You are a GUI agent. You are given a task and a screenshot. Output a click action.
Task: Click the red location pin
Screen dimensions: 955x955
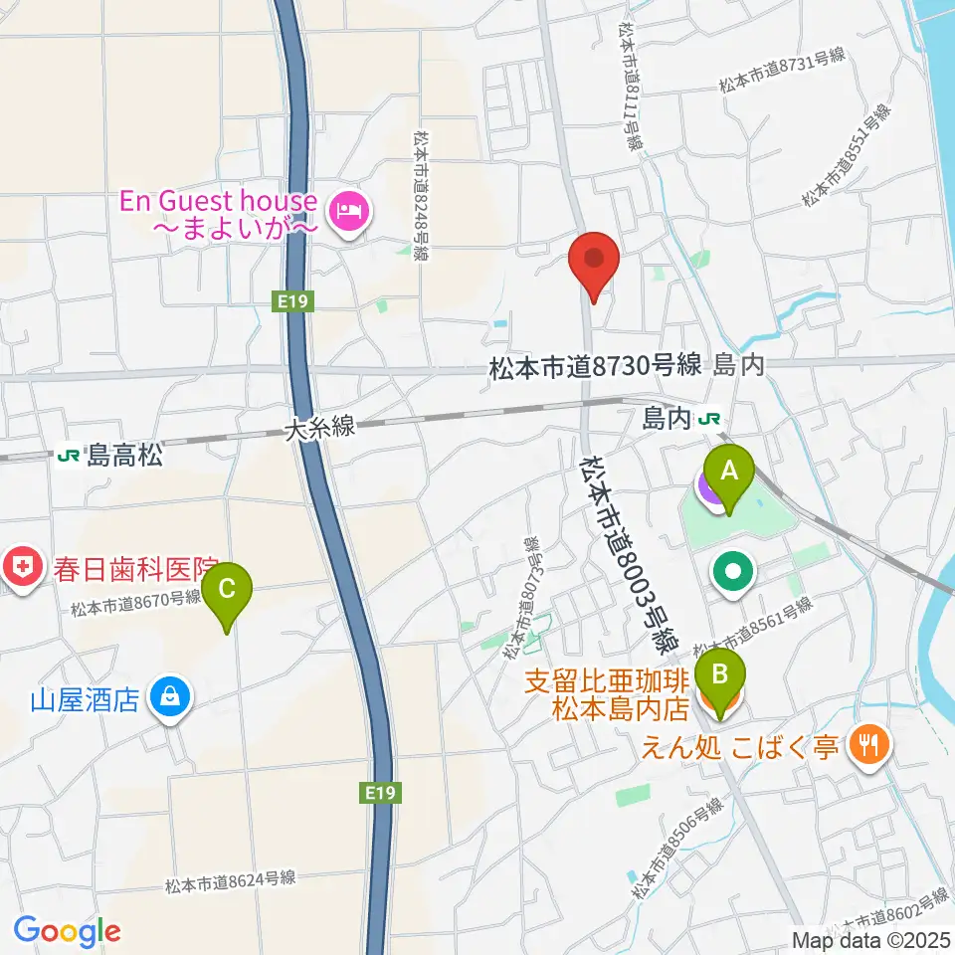coord(595,263)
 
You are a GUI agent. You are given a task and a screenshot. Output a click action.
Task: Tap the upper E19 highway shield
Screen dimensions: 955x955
coord(288,299)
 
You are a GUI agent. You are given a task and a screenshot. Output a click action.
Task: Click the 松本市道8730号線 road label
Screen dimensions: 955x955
coord(595,367)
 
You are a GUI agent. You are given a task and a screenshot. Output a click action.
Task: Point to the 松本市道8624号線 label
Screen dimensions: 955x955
coord(231,881)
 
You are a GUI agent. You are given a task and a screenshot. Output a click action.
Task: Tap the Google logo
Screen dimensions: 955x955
coord(66,932)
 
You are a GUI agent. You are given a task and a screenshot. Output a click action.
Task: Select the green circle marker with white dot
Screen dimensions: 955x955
coord(733,572)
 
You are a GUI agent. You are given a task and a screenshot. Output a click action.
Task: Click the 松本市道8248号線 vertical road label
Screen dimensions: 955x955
coord(423,197)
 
